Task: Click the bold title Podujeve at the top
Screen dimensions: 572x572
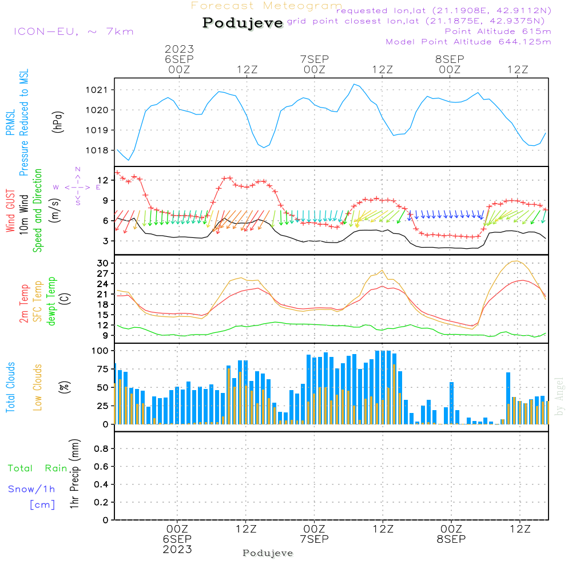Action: (243, 23)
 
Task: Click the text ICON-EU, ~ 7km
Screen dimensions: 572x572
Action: (73, 31)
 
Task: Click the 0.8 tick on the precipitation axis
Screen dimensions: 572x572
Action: (102, 449)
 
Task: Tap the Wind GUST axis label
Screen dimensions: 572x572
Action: (11, 211)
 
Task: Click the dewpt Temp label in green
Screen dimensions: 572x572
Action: (52, 301)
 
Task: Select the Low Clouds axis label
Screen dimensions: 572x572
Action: (38, 387)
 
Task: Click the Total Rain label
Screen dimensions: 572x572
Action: (37, 468)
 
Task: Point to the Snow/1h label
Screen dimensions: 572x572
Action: (31, 489)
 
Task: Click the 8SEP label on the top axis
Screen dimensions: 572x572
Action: (450, 59)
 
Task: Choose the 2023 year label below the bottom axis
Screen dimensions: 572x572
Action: (178, 550)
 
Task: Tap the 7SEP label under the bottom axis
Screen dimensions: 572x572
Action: (314, 539)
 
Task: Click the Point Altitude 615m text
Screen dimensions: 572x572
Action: (498, 31)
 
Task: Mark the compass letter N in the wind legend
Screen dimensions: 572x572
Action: (77, 169)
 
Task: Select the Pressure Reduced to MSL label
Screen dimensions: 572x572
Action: (24, 123)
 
